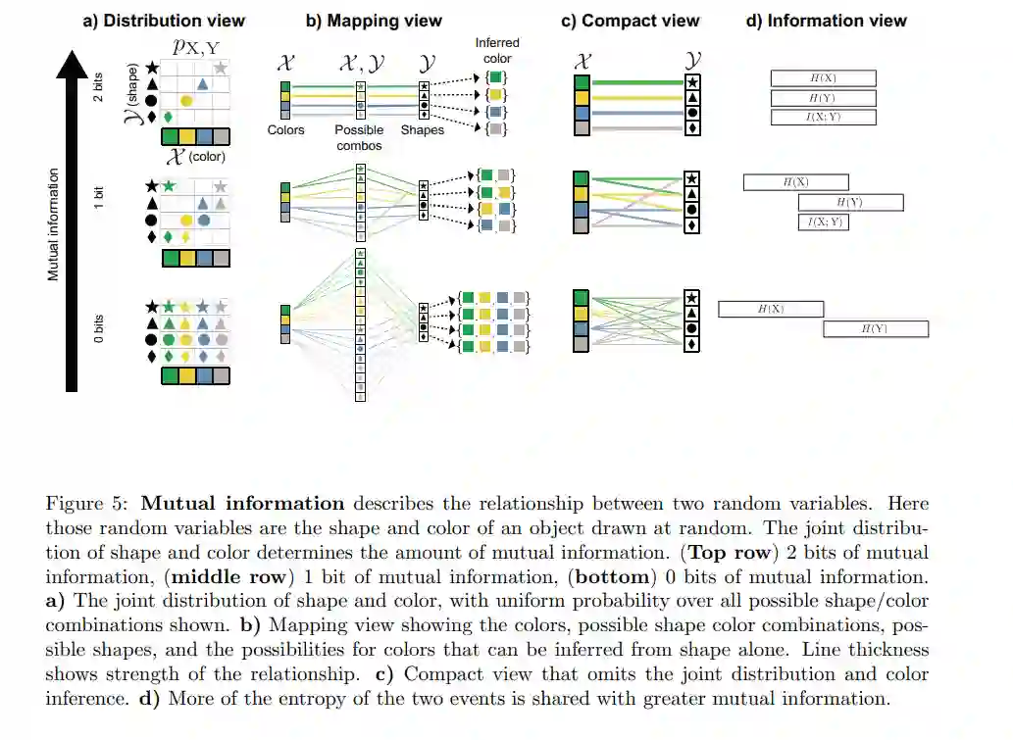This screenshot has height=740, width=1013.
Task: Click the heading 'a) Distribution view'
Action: click(x=163, y=20)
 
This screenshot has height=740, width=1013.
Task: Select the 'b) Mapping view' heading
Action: click(x=375, y=20)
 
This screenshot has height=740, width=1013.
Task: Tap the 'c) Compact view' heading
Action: click(x=631, y=20)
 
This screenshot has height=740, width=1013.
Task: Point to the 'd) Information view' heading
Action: click(x=827, y=20)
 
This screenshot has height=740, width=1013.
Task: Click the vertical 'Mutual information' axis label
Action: click(x=54, y=223)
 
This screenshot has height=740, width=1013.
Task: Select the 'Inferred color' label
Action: click(x=497, y=51)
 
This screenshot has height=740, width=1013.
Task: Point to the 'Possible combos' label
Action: click(x=359, y=137)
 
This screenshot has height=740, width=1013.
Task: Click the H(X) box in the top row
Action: click(x=823, y=78)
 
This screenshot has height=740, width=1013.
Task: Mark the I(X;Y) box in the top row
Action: click(x=823, y=118)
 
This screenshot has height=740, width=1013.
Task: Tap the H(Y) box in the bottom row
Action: click(x=875, y=328)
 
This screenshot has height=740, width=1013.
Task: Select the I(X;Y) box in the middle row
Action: click(x=824, y=222)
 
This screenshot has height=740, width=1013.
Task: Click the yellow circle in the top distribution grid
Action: click(x=185, y=100)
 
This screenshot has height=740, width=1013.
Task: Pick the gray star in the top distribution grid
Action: click(x=221, y=68)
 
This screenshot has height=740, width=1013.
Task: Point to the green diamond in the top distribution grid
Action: click(x=169, y=117)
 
